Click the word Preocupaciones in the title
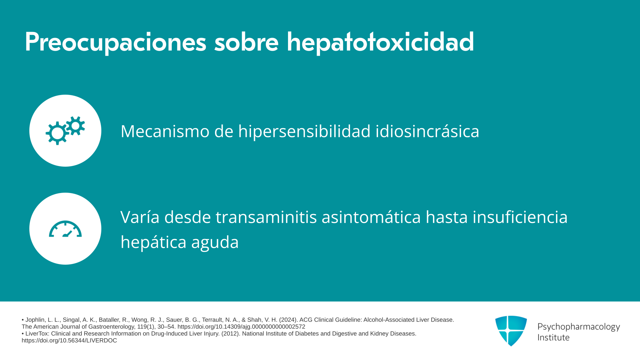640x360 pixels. click(x=116, y=42)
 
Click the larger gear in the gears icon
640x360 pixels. click(x=57, y=133)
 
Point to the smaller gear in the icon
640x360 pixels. click(x=76, y=126)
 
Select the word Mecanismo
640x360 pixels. click(x=165, y=131)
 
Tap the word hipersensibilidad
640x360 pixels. click(x=304, y=131)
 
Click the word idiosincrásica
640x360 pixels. click(x=427, y=131)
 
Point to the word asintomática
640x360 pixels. click(x=371, y=217)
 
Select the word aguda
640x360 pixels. click(x=215, y=242)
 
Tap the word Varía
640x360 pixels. click(x=140, y=217)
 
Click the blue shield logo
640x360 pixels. click(x=511, y=331)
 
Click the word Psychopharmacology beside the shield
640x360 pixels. click(x=579, y=327)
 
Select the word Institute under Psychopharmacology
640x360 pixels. click(x=553, y=337)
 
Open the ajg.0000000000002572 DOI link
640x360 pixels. click(x=241, y=327)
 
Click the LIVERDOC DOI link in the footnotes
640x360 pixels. click(x=69, y=340)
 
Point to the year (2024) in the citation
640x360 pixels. click(x=288, y=320)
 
